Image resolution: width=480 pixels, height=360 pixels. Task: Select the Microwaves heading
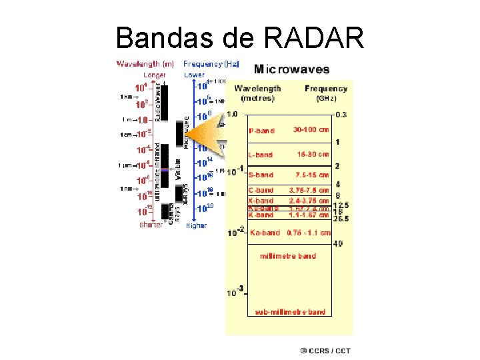point(291,69)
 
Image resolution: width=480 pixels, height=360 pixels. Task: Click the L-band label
point(260,155)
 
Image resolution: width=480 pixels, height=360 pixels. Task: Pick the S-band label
point(260,175)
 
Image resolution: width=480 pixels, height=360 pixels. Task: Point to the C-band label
point(260,191)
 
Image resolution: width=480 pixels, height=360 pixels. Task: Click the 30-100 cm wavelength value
point(311,130)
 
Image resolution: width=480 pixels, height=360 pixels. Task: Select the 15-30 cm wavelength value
point(312,154)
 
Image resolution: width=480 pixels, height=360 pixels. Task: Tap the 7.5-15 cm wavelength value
point(312,175)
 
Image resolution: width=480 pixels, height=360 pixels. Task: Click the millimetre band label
point(288,256)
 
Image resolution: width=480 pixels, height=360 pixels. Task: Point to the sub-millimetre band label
point(290,311)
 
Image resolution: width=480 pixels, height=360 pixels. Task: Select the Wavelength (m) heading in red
point(145,64)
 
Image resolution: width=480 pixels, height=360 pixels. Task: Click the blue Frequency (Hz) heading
point(211,64)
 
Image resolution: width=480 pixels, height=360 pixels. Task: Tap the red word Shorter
point(151,225)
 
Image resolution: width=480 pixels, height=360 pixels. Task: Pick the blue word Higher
point(196,226)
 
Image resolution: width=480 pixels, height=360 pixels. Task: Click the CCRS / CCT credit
point(324,350)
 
